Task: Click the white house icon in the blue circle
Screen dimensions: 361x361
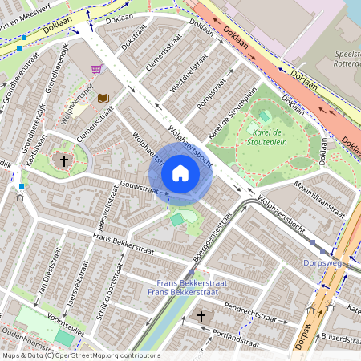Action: (180, 173)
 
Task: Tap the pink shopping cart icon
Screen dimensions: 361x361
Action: (97, 69)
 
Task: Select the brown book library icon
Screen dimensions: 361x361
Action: (103, 98)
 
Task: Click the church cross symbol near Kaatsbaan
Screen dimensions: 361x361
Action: (64, 160)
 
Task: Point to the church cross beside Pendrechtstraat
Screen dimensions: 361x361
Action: (201, 317)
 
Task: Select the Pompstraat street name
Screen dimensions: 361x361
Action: (213, 94)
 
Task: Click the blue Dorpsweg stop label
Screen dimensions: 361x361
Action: (323, 262)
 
